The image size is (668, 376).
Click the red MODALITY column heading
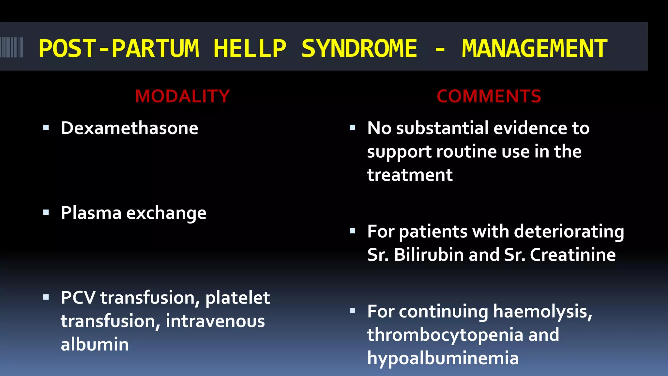click(x=182, y=96)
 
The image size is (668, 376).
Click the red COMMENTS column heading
click(x=489, y=96)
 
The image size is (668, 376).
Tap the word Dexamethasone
click(x=129, y=128)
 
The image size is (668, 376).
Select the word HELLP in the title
click(x=250, y=49)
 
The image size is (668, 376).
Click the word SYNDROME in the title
click(x=359, y=49)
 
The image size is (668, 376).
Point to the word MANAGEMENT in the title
click(x=534, y=49)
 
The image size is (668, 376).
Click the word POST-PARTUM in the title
click(x=119, y=49)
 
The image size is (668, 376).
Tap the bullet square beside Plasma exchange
click(x=46, y=213)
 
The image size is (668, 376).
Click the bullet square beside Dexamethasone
click(x=46, y=128)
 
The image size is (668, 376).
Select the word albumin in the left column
click(x=95, y=345)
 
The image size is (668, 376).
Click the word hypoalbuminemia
click(x=443, y=358)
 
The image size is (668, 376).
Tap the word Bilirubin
click(x=429, y=255)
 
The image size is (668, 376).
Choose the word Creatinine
click(x=572, y=255)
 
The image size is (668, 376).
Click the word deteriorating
click(x=569, y=232)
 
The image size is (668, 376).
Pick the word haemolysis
click(x=542, y=312)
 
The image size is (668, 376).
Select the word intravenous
click(x=215, y=321)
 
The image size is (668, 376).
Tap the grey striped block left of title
click(x=12, y=47)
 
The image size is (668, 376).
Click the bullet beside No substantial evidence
click(x=352, y=128)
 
